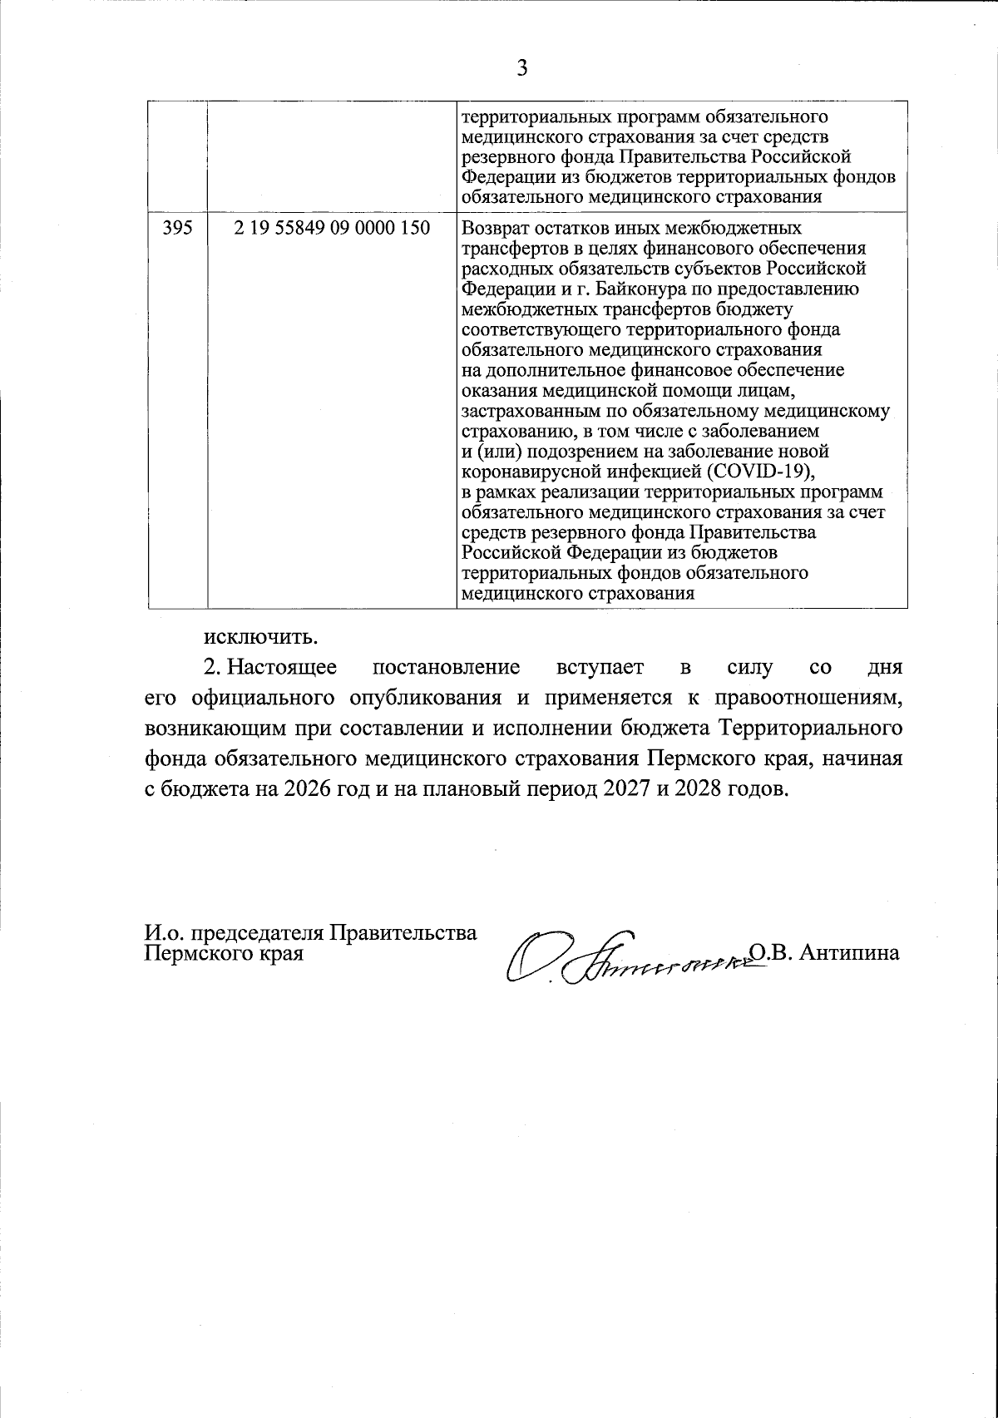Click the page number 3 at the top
click(x=522, y=68)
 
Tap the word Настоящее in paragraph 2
click(x=282, y=668)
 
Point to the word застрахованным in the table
click(x=531, y=411)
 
